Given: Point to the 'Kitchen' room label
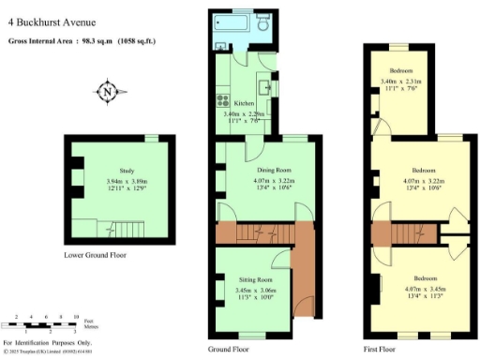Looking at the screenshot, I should [x=245, y=104].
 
